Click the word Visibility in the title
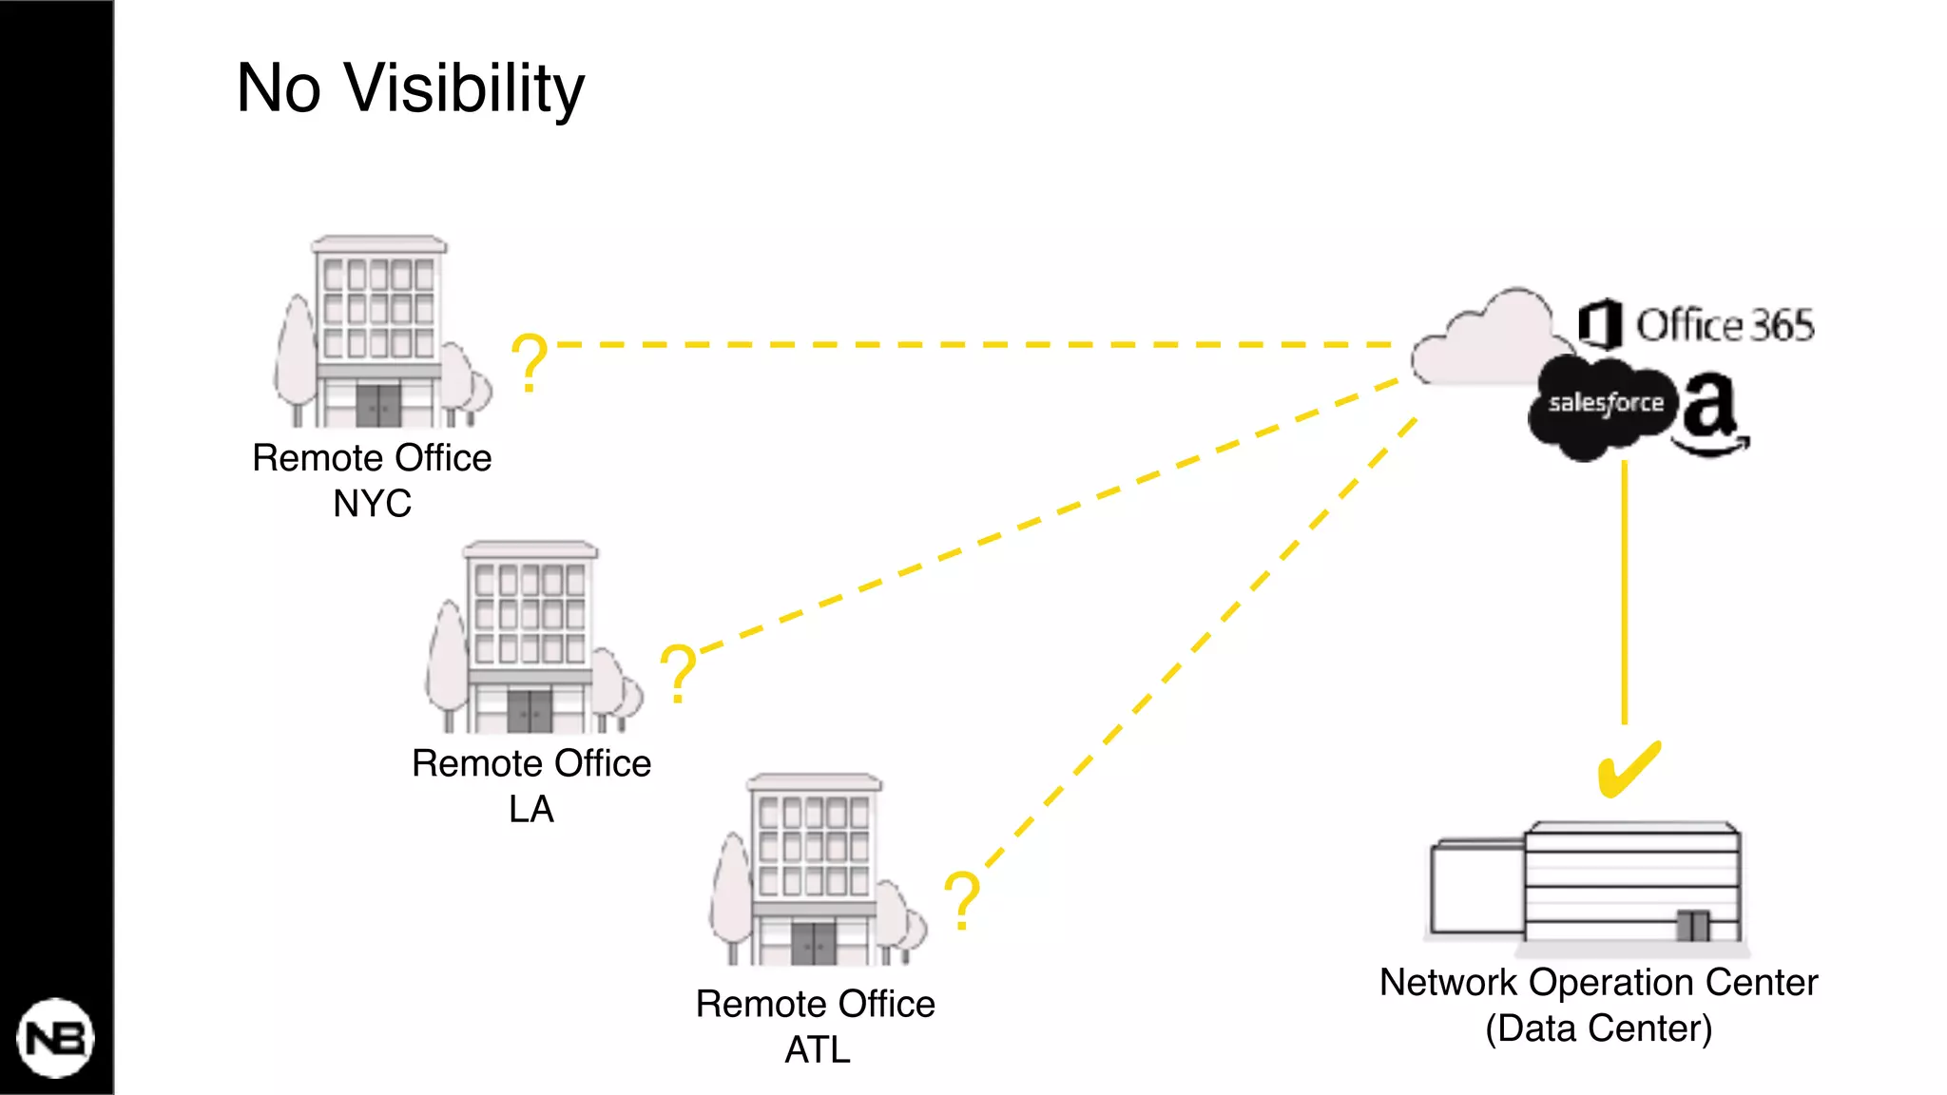(x=463, y=88)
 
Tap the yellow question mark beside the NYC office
(x=529, y=362)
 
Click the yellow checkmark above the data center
(x=1628, y=769)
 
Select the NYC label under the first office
(x=372, y=503)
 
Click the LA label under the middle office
(x=530, y=809)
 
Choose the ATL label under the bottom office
(x=817, y=1049)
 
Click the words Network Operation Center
(x=1598, y=983)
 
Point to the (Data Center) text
(x=1598, y=1028)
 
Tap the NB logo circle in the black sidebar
(x=55, y=1038)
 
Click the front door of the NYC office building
(x=378, y=406)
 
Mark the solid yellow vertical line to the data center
(x=1625, y=589)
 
